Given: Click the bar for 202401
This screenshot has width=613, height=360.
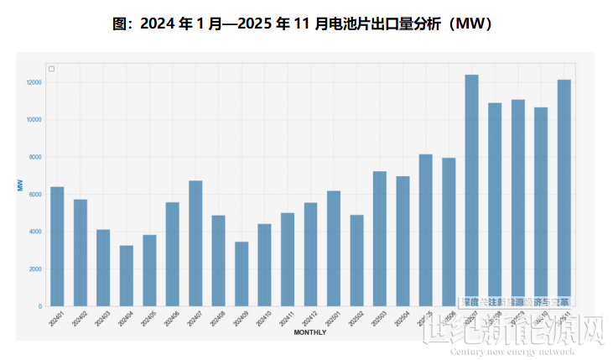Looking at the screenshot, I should [x=57, y=247].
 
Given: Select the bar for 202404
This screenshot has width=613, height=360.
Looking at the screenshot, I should [x=126, y=276].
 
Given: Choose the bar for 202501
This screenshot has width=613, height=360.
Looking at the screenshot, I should [x=334, y=248].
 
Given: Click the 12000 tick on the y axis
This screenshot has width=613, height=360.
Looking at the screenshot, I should [x=34, y=82].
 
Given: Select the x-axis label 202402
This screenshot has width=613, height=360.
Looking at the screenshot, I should [x=80, y=319].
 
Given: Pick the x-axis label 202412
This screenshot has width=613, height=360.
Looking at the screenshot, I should [x=309, y=319].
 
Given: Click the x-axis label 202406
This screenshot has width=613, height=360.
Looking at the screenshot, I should [x=171, y=319].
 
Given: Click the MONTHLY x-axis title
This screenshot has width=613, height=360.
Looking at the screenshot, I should [x=310, y=333].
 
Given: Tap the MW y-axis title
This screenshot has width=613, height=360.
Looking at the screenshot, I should [x=19, y=185].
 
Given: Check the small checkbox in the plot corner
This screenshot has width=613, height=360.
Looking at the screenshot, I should [x=52, y=69].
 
